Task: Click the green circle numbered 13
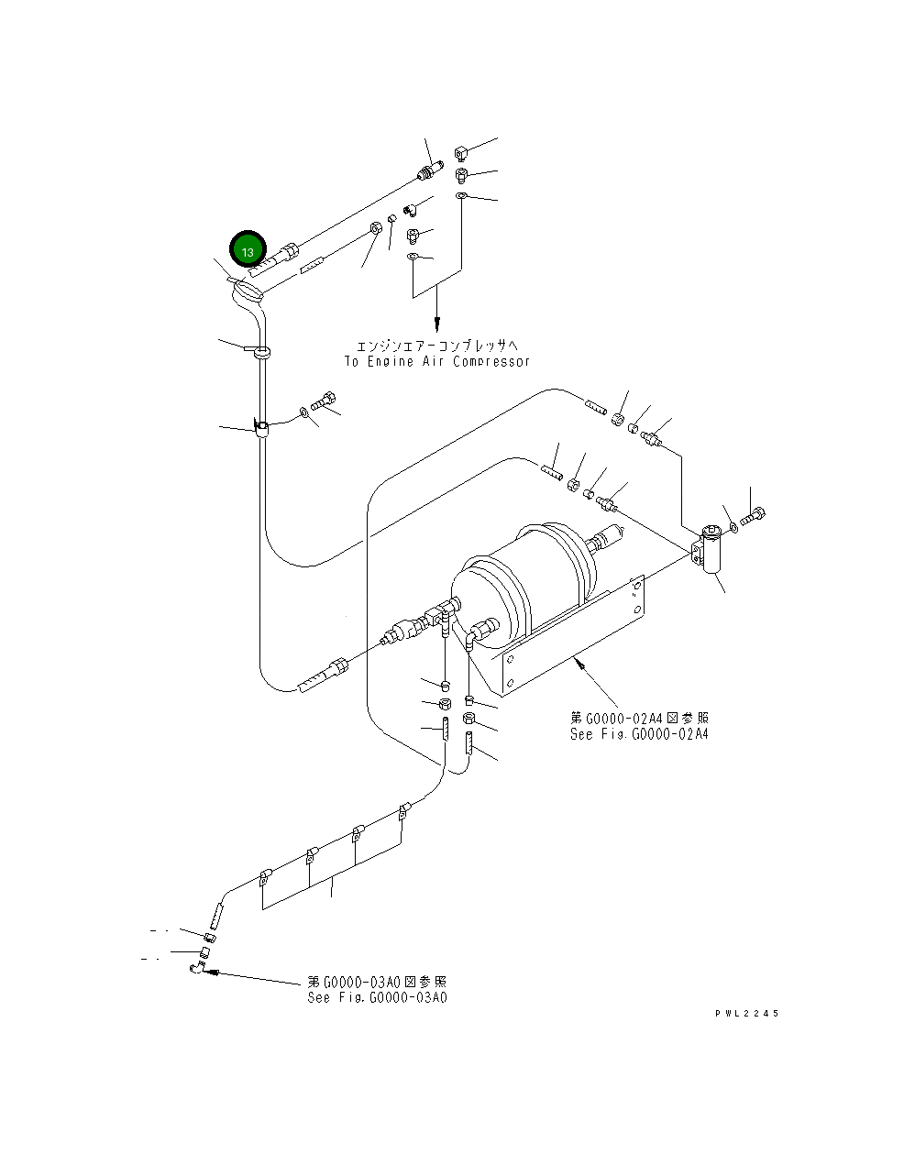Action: [248, 249]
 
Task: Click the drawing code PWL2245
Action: [747, 1013]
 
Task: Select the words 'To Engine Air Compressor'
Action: [437, 361]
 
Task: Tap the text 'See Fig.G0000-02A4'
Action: [639, 733]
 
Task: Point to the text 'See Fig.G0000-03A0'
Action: [378, 997]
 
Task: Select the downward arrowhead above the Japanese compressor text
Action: [437, 324]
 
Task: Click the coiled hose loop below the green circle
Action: [248, 292]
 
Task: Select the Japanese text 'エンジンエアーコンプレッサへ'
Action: [437, 346]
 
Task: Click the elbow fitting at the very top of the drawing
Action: [463, 151]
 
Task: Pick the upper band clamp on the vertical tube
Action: [259, 349]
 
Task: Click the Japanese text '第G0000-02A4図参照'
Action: [639, 719]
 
